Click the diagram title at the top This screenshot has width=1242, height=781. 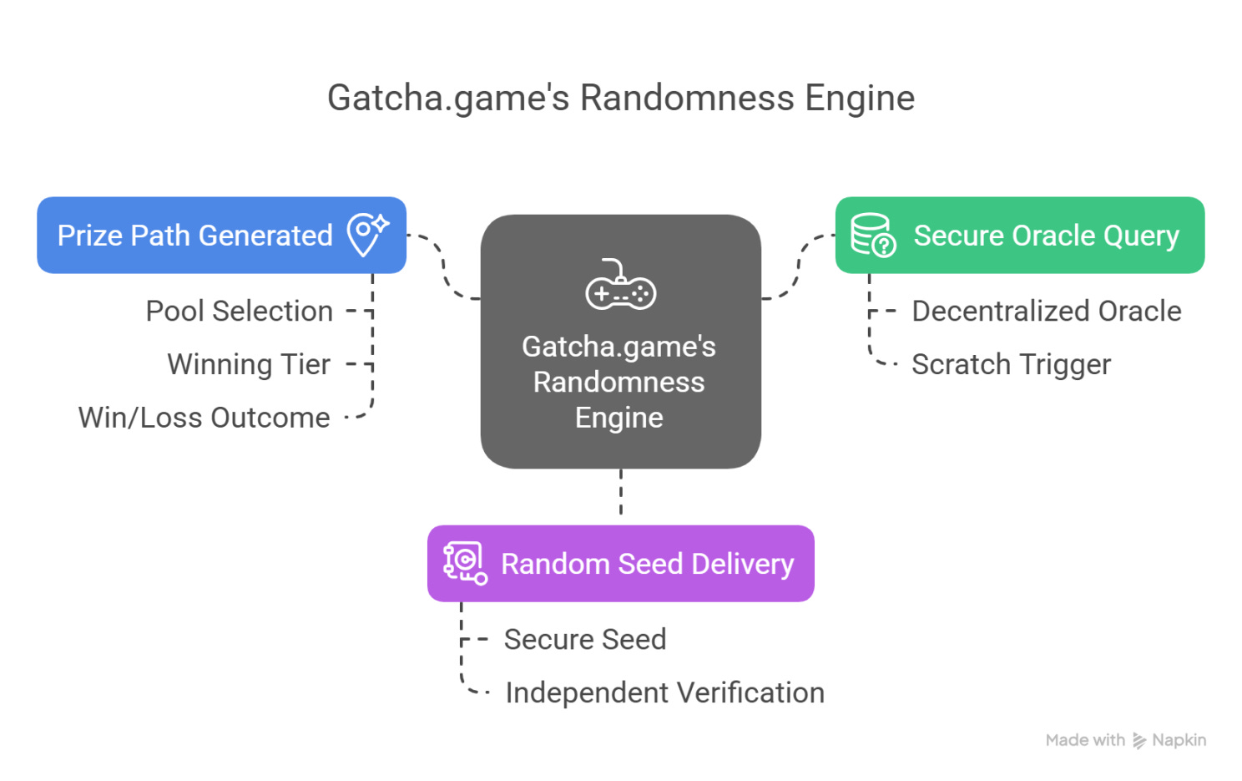[620, 98]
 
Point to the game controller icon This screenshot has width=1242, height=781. [620, 286]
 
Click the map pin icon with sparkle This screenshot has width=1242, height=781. [367, 234]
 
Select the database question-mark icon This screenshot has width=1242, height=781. [873, 235]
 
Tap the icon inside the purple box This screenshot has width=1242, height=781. [465, 563]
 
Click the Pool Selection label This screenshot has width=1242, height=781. [239, 311]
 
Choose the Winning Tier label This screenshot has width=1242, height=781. [249, 364]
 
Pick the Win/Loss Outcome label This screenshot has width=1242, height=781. [204, 418]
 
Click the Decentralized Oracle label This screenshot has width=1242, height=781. [1046, 311]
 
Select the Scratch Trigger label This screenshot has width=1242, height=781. [1011, 364]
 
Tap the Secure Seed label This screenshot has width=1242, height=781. [584, 639]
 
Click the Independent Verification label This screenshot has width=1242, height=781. [664, 692]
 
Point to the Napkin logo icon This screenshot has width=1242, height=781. [1139, 741]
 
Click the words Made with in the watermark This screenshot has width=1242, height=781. [1085, 740]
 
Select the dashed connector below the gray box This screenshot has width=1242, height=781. [621, 493]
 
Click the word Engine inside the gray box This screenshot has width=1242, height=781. [618, 418]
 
